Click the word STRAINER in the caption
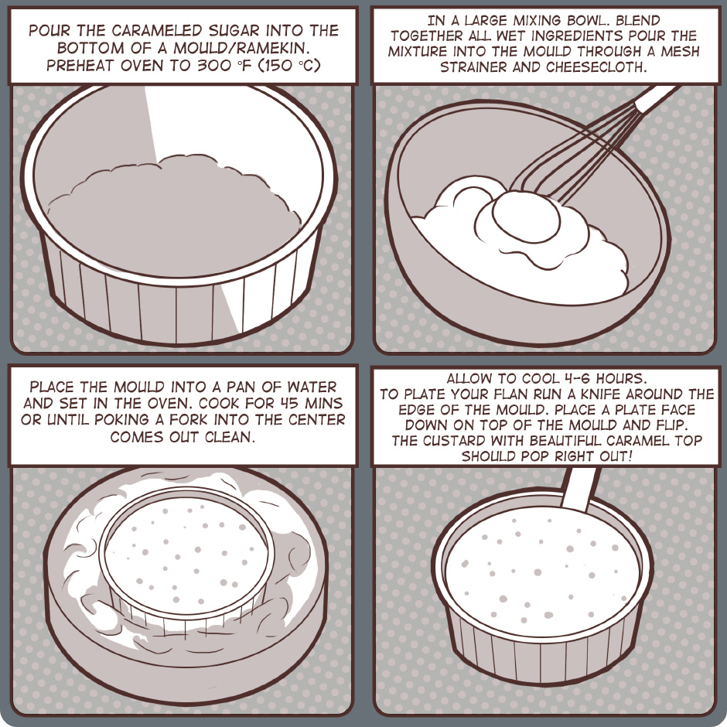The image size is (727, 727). [474, 67]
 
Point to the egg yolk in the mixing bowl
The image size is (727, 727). [526, 217]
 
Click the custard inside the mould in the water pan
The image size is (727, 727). [186, 551]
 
